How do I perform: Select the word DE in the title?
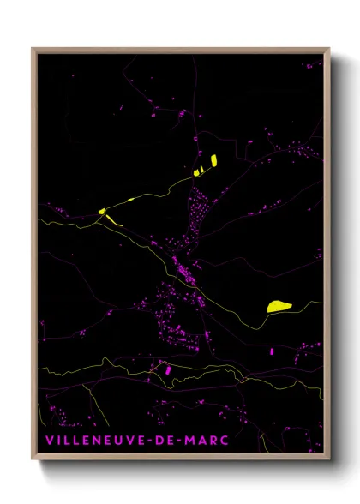pyautogui.click(x=167, y=440)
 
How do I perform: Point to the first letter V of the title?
pyautogui.click(x=50, y=440)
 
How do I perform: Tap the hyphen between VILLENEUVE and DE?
pyautogui.click(x=152, y=440)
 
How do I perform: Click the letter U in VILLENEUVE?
pyautogui.click(x=120, y=440)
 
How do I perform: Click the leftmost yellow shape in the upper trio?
pyautogui.click(x=196, y=172)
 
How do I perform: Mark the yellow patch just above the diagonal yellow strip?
pyautogui.click(x=101, y=211)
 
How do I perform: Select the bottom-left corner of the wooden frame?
pyautogui.click(x=33, y=460)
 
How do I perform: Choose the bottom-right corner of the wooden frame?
pyautogui.click(x=329, y=460)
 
